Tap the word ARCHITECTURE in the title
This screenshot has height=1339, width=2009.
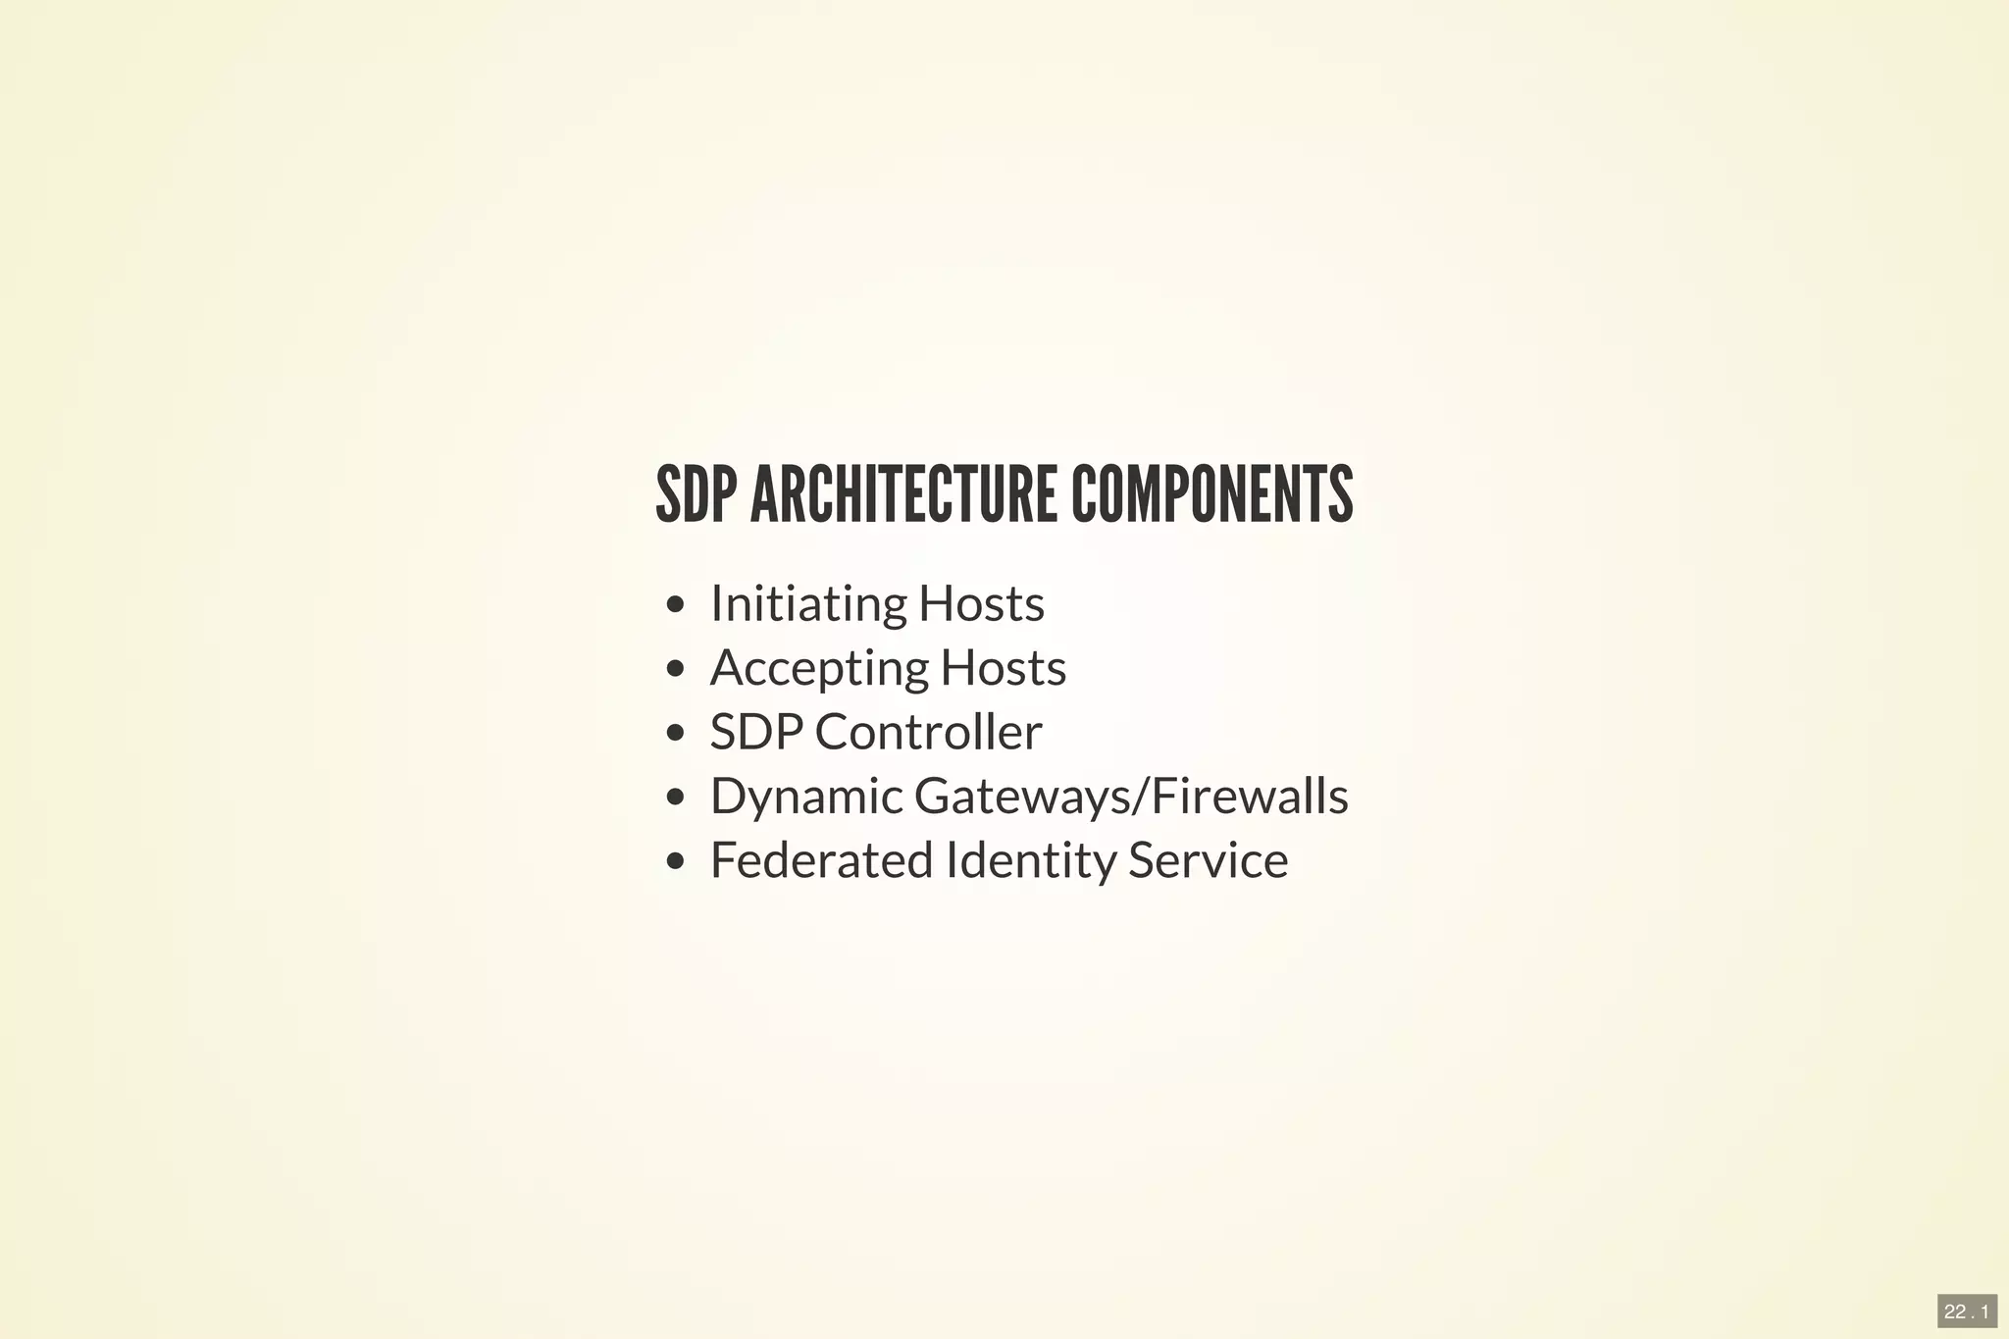coord(902,495)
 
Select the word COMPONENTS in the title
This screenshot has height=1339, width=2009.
coord(1211,495)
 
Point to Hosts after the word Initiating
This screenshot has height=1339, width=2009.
coord(981,604)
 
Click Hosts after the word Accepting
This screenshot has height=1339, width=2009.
coord(1003,669)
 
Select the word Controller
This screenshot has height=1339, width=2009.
coord(928,733)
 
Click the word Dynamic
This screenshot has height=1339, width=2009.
coord(806,797)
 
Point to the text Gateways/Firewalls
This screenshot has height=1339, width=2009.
coord(1131,797)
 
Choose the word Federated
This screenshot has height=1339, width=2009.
coord(821,861)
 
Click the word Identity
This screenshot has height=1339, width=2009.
coord(1029,861)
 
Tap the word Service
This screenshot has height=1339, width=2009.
coord(1208,861)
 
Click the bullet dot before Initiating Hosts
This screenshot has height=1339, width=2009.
coord(674,605)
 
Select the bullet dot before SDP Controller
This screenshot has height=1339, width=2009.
coord(674,734)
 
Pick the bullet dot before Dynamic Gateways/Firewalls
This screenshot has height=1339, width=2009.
coord(674,798)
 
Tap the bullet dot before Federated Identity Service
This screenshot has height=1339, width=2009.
coord(674,862)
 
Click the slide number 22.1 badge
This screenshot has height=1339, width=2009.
coord(1967,1312)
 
